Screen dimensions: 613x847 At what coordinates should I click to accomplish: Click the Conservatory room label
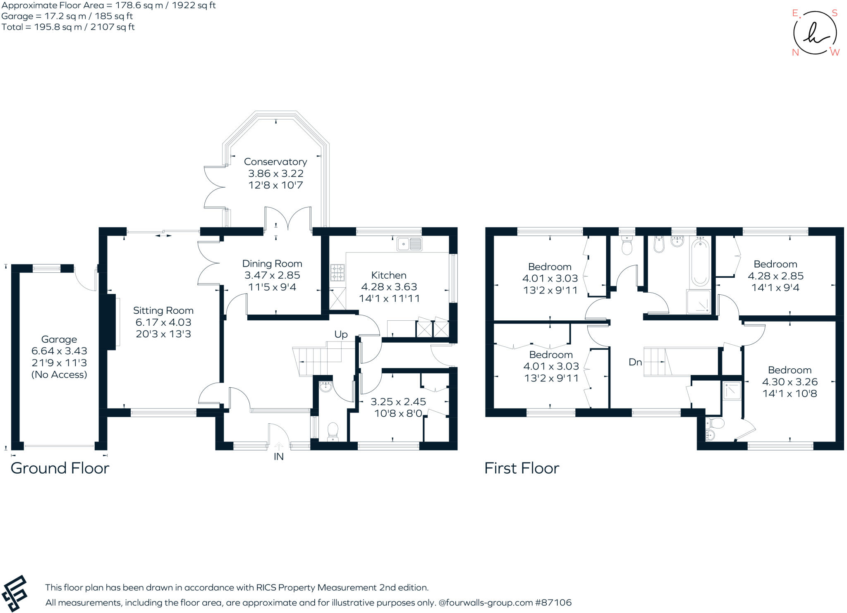coord(275,162)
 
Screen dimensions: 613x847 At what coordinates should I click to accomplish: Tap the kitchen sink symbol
coord(409,244)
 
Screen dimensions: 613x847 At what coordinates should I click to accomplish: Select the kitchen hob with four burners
coord(337,273)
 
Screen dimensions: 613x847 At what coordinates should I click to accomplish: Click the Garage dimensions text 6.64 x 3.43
coord(59,351)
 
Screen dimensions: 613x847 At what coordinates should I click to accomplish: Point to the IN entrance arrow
coord(279,446)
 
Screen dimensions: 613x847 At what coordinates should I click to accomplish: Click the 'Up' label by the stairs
coord(341,334)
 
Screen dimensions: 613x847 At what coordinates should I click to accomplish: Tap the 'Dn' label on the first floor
coord(635,363)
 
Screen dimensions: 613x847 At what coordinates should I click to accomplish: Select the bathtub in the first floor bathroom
coord(700,261)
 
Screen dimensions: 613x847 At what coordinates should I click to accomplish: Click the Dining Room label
coord(272,264)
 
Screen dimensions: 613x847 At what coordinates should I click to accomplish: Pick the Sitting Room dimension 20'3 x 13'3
coord(163,334)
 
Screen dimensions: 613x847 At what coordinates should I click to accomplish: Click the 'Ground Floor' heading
coord(60,468)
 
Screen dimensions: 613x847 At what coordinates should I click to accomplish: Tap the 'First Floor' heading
coord(522,468)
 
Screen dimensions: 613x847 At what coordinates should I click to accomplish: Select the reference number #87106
coord(553,603)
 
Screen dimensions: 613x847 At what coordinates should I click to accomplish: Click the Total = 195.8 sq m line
coord(68,27)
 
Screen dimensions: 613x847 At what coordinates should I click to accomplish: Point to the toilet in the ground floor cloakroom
coord(333,432)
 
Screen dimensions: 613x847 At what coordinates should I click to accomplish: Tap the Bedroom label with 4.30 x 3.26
coord(790,370)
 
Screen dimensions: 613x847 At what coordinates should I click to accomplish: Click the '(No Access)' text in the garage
coord(59,374)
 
